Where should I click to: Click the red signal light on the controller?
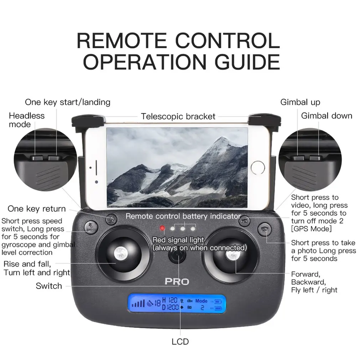tap(163, 228)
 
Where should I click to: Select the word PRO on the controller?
tap(177, 281)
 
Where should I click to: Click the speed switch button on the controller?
tap(89, 227)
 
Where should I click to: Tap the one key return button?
tap(111, 219)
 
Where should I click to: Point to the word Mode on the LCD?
tap(201, 301)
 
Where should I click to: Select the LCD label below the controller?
tap(180, 342)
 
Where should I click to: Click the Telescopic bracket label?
tap(178, 117)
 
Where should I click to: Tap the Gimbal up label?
tap(300, 102)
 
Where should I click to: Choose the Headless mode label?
tap(27, 120)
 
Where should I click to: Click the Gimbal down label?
tap(326, 116)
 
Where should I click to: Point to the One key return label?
tap(37, 209)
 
